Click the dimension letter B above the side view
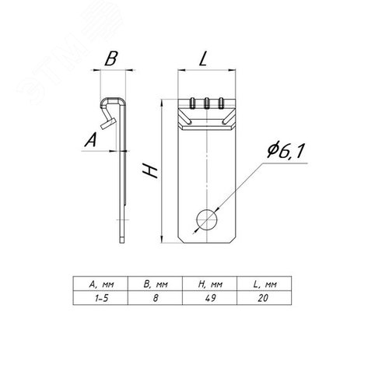[x=111, y=58]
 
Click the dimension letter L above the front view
[x=204, y=58]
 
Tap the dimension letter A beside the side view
[x=90, y=139]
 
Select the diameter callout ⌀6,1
[x=285, y=150]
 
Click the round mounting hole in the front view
[x=207, y=219]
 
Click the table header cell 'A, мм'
[x=101, y=285]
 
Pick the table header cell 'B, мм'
[x=156, y=285]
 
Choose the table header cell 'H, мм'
[x=210, y=285]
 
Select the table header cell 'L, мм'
[x=265, y=285]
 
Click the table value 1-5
[x=101, y=298]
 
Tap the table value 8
[x=156, y=298]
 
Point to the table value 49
[x=210, y=298]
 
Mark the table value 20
[x=263, y=298]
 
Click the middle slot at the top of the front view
[x=207, y=103]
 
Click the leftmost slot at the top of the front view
[x=193, y=103]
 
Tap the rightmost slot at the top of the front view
[x=221, y=103]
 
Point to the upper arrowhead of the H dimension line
[x=161, y=103]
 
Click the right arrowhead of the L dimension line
[x=232, y=70]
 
